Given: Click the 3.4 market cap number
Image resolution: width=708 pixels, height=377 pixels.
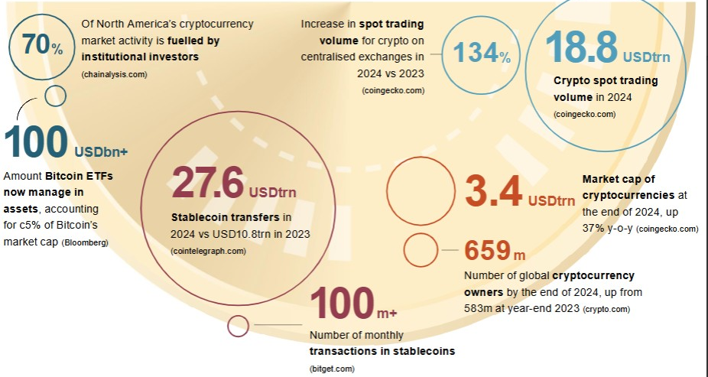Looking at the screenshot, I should (494, 190).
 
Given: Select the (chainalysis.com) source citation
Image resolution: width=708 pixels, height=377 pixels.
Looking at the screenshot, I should (115, 73).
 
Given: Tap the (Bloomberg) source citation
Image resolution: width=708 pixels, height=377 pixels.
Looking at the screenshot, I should (84, 243).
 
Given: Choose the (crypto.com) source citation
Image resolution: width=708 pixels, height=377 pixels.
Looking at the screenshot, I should (606, 310).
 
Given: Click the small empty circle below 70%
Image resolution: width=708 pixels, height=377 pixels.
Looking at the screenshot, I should (55, 96).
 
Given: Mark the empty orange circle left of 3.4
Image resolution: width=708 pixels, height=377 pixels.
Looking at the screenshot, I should (421, 192).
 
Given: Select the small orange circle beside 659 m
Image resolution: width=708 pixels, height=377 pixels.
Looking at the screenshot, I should (420, 250).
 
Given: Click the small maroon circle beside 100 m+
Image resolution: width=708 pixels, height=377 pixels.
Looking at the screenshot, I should (239, 326).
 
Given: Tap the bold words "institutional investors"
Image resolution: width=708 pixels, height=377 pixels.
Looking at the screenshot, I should (140, 57).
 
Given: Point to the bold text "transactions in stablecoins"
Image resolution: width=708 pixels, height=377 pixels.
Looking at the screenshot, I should (382, 351).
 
